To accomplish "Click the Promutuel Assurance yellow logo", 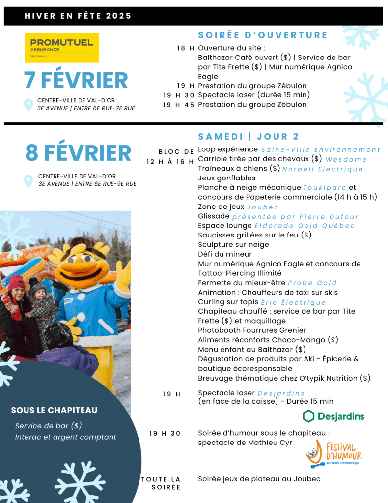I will click(61, 48).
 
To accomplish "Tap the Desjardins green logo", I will click(333, 416).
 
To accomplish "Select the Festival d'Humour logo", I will click(332, 454).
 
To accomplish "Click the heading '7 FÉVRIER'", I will click(76, 80).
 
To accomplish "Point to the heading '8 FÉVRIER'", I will click(79, 153).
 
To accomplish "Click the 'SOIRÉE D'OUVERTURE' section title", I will click(263, 35).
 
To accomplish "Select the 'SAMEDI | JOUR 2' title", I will click(249, 136).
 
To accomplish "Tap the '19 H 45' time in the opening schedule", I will click(178, 104).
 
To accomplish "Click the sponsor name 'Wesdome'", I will click(346, 159).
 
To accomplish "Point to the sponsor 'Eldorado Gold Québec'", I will click(305, 226).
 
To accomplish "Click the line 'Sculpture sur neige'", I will click(233, 244).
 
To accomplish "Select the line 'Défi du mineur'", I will click(224, 254).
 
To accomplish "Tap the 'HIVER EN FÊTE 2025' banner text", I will click(78, 16).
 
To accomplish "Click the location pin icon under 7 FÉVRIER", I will click(29, 104).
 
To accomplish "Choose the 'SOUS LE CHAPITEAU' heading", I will click(54, 410).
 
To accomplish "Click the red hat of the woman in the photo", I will click(17, 282).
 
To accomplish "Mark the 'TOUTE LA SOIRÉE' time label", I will click(161, 483).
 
